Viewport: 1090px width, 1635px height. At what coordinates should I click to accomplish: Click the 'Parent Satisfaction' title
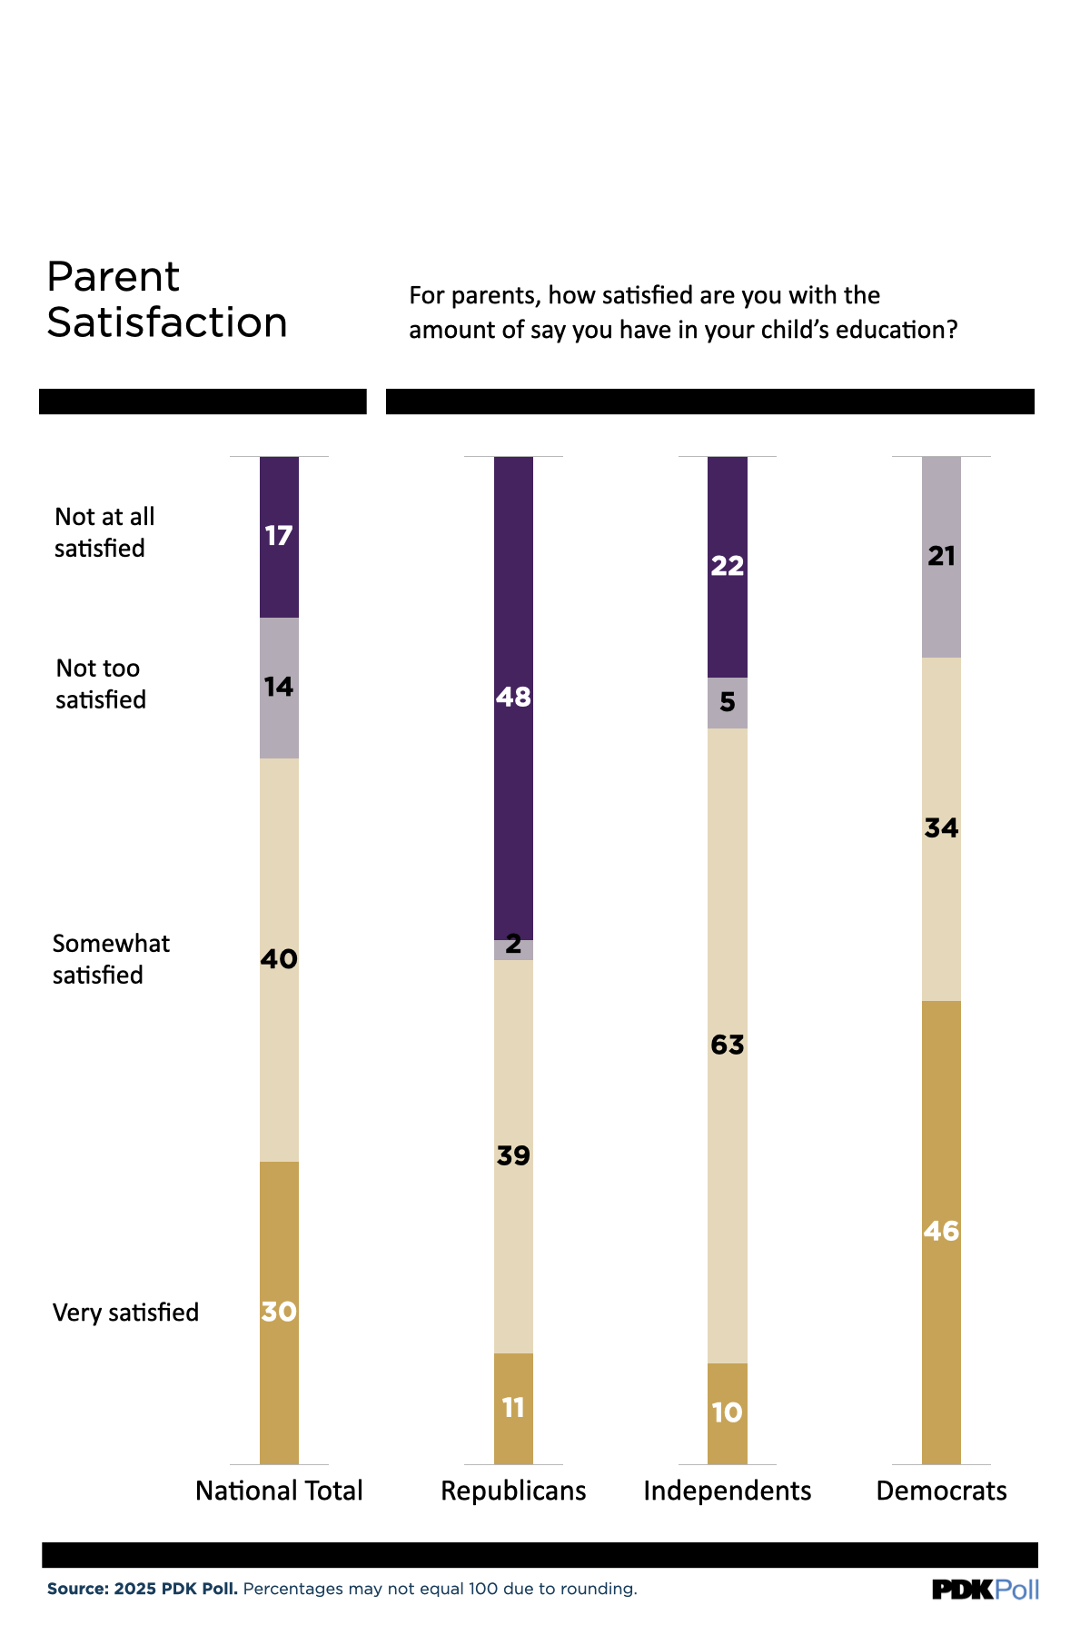point(167,300)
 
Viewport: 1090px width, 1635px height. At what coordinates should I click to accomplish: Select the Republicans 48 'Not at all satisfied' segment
point(513,697)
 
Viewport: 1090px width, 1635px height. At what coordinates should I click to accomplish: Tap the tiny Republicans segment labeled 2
point(513,949)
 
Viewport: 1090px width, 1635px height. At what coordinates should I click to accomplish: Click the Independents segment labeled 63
point(727,1045)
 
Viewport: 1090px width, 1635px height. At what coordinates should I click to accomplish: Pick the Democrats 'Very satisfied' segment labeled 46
point(941,1231)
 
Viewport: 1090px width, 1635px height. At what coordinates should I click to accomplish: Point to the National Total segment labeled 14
point(279,688)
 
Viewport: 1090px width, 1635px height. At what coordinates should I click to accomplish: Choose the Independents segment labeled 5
point(727,702)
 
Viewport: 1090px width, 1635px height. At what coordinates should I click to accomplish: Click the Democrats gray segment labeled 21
point(941,556)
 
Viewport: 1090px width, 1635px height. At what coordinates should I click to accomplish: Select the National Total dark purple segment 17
point(279,536)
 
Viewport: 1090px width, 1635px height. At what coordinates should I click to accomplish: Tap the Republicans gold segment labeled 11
point(513,1408)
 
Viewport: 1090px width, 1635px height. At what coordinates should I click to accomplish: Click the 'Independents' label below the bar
point(727,1491)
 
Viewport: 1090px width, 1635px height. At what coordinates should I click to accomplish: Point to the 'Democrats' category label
point(941,1491)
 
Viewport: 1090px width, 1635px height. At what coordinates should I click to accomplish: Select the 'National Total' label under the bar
point(279,1491)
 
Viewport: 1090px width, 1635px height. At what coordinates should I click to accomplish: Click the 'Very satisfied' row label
point(125,1313)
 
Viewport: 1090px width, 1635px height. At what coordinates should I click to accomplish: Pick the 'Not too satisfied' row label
point(100,684)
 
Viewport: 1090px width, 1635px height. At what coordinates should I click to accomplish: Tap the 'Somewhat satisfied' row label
point(110,959)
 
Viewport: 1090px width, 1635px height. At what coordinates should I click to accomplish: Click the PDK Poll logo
point(985,1589)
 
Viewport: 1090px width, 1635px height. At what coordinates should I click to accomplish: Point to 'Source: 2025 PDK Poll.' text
point(143,1589)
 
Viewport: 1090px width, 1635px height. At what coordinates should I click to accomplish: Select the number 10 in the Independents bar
point(727,1412)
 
